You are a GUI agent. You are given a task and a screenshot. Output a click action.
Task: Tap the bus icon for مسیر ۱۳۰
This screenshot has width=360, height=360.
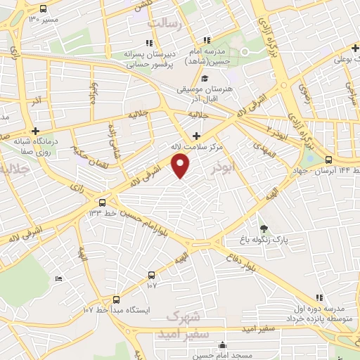pos(44,9)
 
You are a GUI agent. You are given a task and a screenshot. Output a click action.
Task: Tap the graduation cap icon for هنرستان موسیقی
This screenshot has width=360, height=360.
pos(205,78)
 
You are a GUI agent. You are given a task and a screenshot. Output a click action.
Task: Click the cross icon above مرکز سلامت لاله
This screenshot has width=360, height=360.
pos(196,135)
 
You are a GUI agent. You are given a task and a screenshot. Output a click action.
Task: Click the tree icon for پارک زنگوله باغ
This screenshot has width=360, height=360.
pos(264,228)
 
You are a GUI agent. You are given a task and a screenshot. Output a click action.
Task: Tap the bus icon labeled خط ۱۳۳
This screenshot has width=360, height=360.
pos(103,200)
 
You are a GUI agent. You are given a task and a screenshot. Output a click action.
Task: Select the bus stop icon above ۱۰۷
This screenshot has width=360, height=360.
pos(151,275)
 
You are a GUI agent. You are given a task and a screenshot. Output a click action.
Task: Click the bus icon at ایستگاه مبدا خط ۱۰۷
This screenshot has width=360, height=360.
pos(116,298)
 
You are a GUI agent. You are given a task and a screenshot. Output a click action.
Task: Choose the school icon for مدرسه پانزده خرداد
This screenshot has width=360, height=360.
pos(319,298)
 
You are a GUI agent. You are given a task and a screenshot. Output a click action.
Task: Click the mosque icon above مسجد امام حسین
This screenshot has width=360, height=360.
pos(223,345)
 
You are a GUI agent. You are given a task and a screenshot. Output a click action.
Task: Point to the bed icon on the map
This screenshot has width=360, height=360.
pos(58,280)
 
